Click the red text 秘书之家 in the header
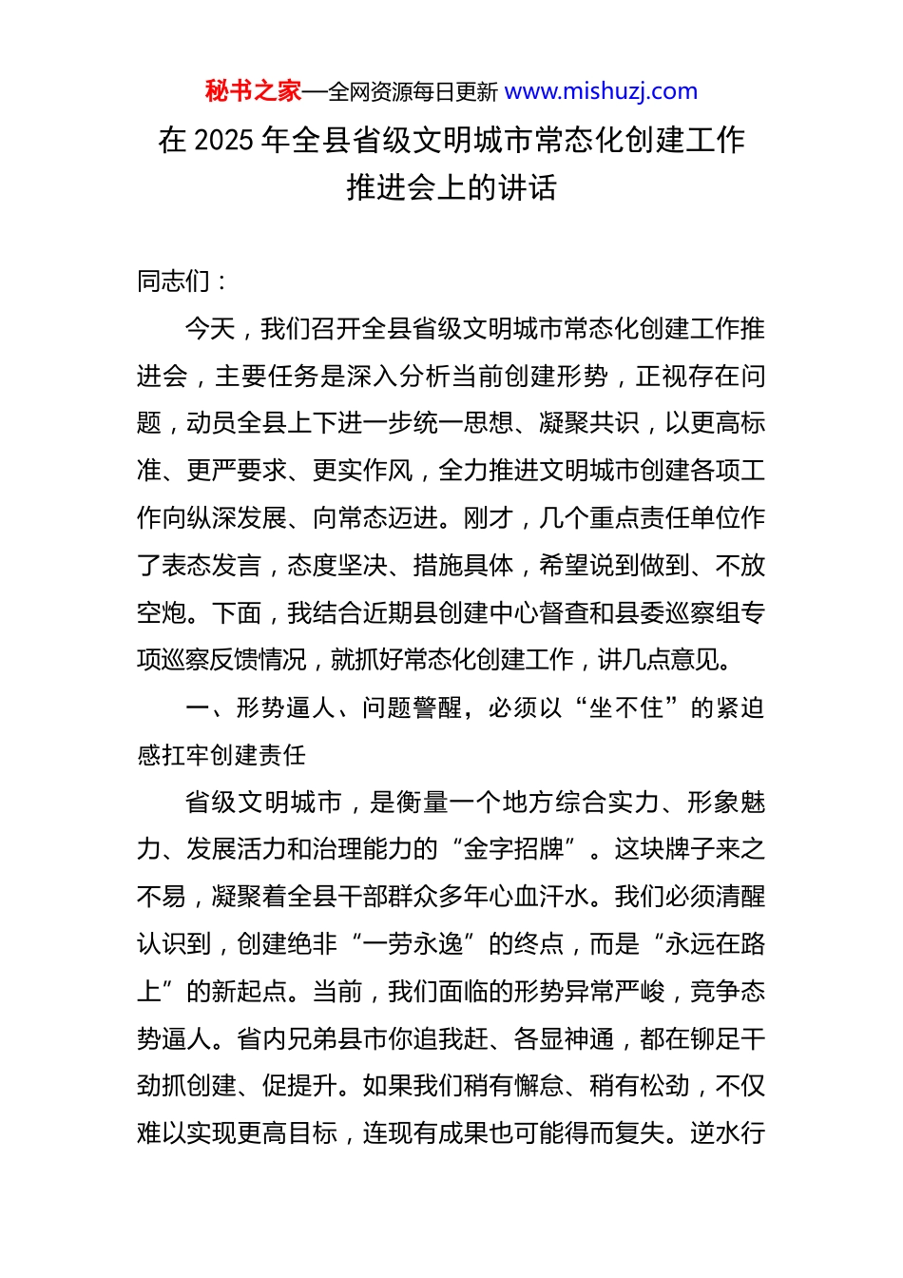pyautogui.click(x=253, y=91)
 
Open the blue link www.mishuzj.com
pyautogui.click(x=601, y=91)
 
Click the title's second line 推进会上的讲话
pyautogui.click(x=451, y=187)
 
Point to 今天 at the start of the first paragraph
pyautogui.click(x=210, y=329)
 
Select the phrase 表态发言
pyautogui.click(x=211, y=566)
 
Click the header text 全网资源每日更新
pyautogui.click(x=413, y=92)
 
